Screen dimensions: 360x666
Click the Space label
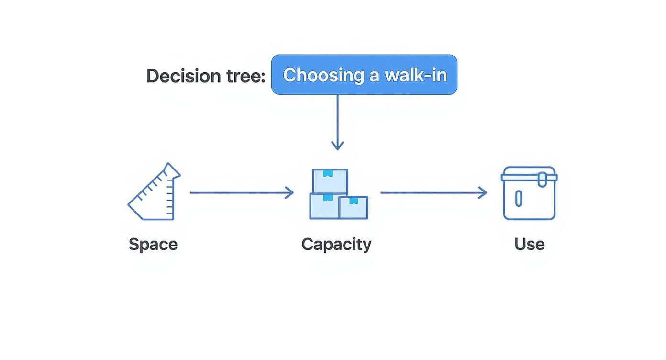[x=153, y=244]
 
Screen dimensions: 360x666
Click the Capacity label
[x=336, y=244]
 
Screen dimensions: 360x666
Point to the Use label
[x=529, y=244]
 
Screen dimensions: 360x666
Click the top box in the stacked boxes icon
[x=330, y=181]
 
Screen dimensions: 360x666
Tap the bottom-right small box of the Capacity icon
[x=354, y=207]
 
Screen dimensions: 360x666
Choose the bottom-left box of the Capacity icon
[x=324, y=206]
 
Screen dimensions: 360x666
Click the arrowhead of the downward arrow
[x=338, y=146]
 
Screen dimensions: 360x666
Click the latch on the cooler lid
[x=542, y=180]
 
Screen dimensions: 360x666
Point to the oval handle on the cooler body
[x=518, y=198]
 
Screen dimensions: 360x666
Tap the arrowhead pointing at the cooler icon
[x=483, y=193]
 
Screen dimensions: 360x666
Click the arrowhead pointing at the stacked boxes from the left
[x=290, y=193]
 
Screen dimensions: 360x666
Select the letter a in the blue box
[x=373, y=76]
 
